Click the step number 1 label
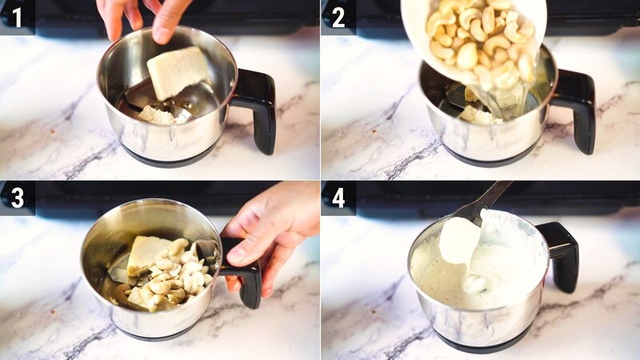[x=17, y=17]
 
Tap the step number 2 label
[x=338, y=17]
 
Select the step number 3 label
[x=17, y=198]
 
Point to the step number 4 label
[x=338, y=198]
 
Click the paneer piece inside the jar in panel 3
[x=150, y=254]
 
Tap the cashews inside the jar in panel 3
[x=176, y=280]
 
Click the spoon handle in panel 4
[x=488, y=198]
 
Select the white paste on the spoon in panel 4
[x=460, y=240]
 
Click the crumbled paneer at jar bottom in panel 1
[x=158, y=115]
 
